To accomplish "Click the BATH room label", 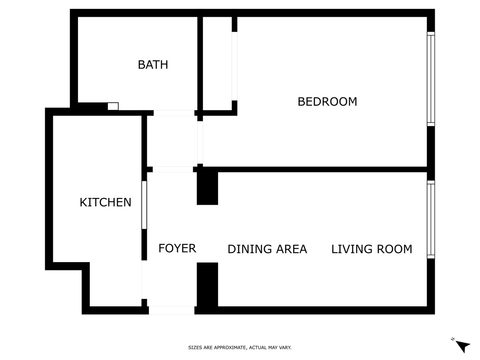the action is (153, 65).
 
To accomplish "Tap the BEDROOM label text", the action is (327, 102).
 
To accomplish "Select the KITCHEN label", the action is (106, 202).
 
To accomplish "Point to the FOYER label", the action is (177, 248).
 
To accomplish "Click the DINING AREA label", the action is (267, 249).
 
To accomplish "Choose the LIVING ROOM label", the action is (372, 249).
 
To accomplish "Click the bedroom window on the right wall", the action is (431, 79).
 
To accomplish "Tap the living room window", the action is (431, 219).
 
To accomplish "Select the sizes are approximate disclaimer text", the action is (240, 347).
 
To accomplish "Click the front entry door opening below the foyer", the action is (172, 310).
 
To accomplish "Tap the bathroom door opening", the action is (174, 113).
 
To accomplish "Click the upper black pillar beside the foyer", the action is (207, 188).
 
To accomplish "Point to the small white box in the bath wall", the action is (113, 106).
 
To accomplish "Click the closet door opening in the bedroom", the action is (234, 66).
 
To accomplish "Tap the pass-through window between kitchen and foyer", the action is (144, 205).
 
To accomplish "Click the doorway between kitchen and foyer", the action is (144, 280).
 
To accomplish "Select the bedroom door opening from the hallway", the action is (200, 142).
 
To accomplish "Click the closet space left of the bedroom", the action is (217, 63).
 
